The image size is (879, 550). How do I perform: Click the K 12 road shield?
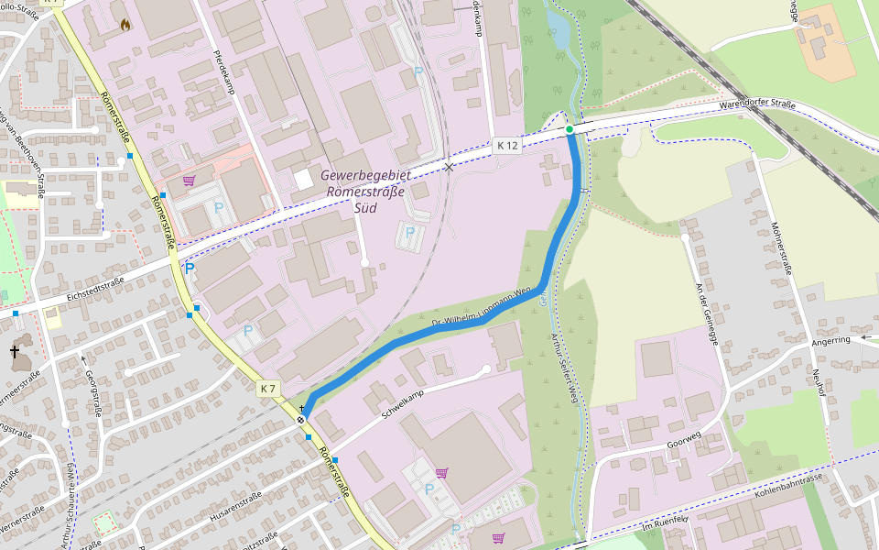(x=507, y=146)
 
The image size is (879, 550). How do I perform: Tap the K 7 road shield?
(x=267, y=389)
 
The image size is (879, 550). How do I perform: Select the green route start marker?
(x=570, y=129)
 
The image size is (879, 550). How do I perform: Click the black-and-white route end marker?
(x=301, y=420)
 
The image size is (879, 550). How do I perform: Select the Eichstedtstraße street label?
(x=95, y=291)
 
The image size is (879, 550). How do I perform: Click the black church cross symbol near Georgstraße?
(x=15, y=351)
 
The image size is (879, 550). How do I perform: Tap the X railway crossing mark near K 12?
(x=448, y=167)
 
